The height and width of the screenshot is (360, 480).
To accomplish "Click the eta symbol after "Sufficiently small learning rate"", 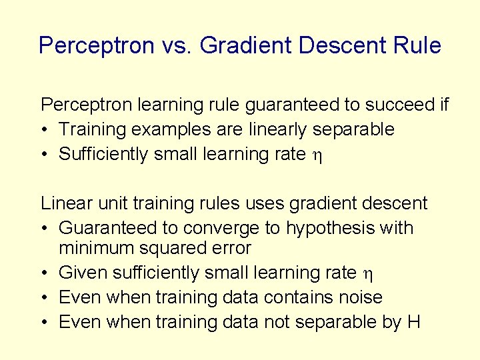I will tap(316, 155).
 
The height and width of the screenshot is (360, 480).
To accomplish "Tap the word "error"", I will tap(229, 249).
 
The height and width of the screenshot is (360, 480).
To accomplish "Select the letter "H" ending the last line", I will tap(413, 322).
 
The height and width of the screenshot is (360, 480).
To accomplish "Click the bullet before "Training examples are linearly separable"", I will tap(44, 129).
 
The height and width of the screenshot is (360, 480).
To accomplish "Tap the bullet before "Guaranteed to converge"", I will tap(44, 228).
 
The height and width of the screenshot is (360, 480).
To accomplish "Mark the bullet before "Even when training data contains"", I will tap(44, 297).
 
